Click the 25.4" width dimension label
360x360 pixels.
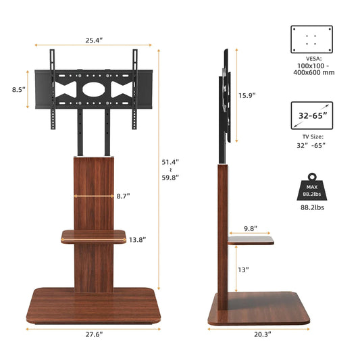93,41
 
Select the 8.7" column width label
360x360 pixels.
122,196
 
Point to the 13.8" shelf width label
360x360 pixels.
137,240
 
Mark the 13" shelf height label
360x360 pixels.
243,269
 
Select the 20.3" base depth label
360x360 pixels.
263,334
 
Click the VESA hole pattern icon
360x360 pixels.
311,39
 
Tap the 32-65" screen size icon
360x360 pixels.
311,115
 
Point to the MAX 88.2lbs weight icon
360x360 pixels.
311,188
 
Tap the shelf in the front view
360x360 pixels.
94,236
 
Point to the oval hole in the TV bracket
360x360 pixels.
93,87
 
